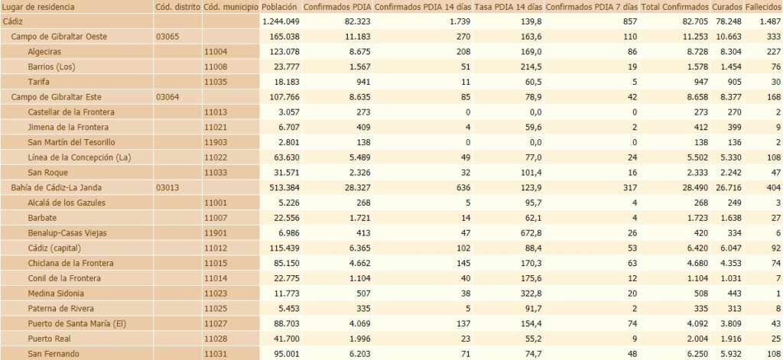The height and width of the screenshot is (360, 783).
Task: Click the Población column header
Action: pos(278,7)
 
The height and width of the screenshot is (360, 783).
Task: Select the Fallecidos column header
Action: pos(762,7)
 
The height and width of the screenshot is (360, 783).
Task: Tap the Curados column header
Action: pos(727,7)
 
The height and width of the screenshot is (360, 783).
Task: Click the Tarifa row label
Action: pos(40,82)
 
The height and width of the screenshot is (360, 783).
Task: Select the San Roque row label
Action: pos(47,173)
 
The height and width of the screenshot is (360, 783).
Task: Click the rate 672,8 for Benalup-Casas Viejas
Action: pos(528,233)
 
